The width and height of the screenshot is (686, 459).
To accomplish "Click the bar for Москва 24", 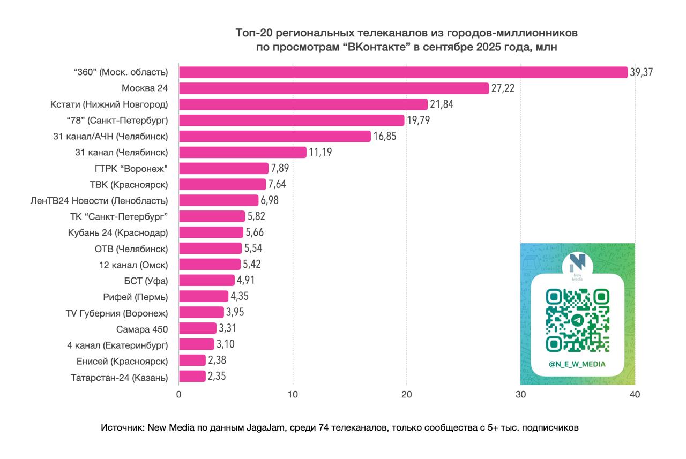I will click(333, 88).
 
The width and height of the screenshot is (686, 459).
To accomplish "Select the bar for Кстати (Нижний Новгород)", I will click(303, 104).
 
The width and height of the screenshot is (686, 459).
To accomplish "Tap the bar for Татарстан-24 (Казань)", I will click(192, 377).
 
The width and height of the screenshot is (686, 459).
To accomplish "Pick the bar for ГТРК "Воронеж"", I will click(223, 169).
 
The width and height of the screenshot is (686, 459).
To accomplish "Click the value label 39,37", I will click(642, 72).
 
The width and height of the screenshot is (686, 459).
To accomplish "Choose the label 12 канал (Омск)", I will click(133, 265).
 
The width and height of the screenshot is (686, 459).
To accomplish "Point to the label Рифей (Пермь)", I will click(136, 297).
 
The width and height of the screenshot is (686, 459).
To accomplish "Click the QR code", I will click(577, 320).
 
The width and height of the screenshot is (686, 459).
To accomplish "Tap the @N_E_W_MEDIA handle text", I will click(577, 364).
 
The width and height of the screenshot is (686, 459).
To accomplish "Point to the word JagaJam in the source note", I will click(262, 428).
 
